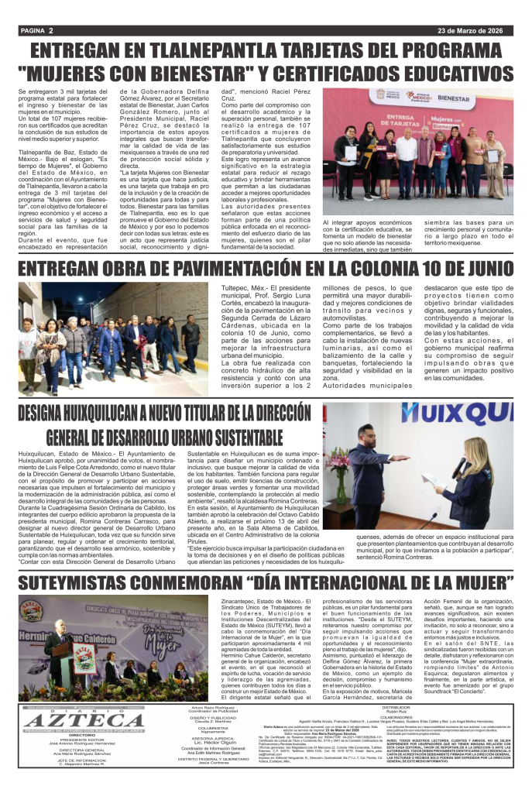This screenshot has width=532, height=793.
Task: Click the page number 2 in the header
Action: coord(50,30)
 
